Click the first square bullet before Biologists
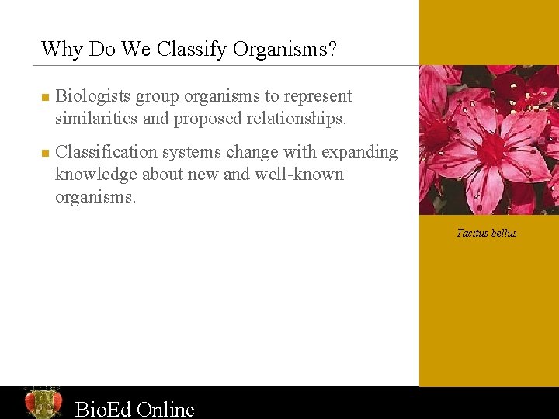45,98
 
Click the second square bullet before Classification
45,153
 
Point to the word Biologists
94,96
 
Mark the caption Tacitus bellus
487,233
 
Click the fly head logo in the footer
43,403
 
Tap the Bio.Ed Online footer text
134,408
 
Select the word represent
318,96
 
